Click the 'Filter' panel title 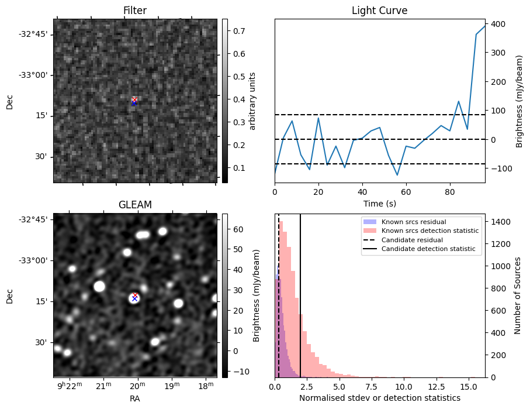tap(134, 11)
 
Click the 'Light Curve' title tap(379, 11)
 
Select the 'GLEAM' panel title tap(134, 205)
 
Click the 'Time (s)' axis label tap(379, 202)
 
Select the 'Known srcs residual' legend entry tap(413, 222)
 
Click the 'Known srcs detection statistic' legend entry tap(430, 231)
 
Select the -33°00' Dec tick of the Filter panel tap(36, 75)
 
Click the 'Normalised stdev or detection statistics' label tap(379, 398)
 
